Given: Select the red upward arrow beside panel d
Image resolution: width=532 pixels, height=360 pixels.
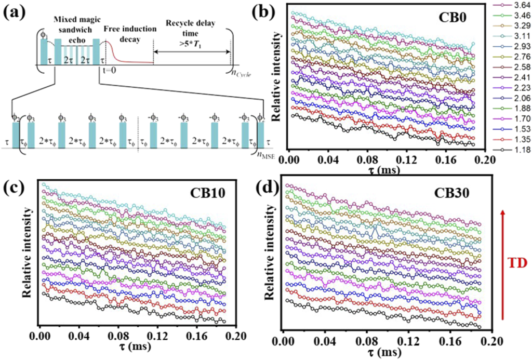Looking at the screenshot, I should [502, 264].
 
